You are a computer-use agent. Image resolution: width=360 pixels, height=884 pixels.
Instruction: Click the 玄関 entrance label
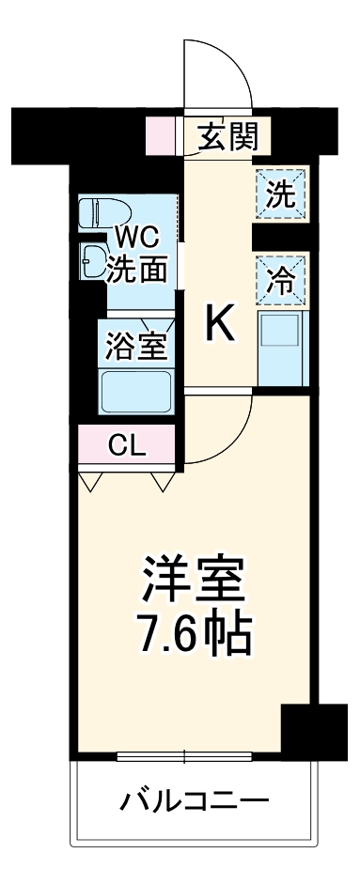pos(227,138)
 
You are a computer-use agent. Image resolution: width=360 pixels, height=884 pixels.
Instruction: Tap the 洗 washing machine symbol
pos(280,194)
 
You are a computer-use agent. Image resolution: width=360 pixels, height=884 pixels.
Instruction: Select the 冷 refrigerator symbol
pos(280,279)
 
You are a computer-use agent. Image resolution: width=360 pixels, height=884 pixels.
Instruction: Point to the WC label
pos(138,234)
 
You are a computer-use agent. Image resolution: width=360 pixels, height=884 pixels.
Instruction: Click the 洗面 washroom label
pos(137,269)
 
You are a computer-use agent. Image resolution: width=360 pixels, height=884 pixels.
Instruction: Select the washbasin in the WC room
pos(94,260)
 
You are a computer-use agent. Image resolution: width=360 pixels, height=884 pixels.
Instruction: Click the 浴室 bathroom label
pos(137,345)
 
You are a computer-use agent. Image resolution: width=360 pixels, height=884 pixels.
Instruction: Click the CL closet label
pos(128,445)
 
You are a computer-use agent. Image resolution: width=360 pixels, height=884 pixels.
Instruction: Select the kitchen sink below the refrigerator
pos(279,345)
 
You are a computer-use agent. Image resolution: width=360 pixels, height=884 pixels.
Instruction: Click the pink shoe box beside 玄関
pos(161,137)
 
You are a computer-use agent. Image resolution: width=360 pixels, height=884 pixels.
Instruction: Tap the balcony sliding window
pos(185,755)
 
